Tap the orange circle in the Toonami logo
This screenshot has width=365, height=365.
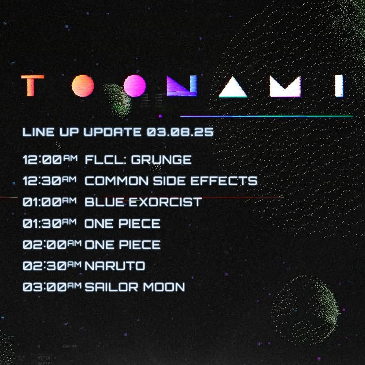[83, 86]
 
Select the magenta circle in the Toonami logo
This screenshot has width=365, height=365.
[135, 86]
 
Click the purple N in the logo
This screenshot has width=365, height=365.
[182, 86]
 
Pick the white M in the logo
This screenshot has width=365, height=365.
[285, 86]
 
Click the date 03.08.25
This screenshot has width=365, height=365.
[180, 132]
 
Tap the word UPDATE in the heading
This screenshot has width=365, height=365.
[112, 132]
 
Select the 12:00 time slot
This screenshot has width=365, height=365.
[50, 160]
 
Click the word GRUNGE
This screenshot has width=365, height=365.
[161, 160]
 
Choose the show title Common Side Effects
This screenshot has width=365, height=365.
[171, 181]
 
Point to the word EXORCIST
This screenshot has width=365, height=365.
[165, 202]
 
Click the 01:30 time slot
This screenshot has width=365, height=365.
[49, 223]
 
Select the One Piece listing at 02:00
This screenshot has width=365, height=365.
[122, 245]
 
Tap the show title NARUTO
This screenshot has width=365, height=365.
[115, 266]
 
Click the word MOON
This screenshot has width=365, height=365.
[164, 287]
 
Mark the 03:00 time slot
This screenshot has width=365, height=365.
[52, 287]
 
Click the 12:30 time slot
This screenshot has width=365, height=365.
[49, 181]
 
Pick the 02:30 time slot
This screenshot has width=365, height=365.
[52, 266]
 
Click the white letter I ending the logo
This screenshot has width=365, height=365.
[339, 86]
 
